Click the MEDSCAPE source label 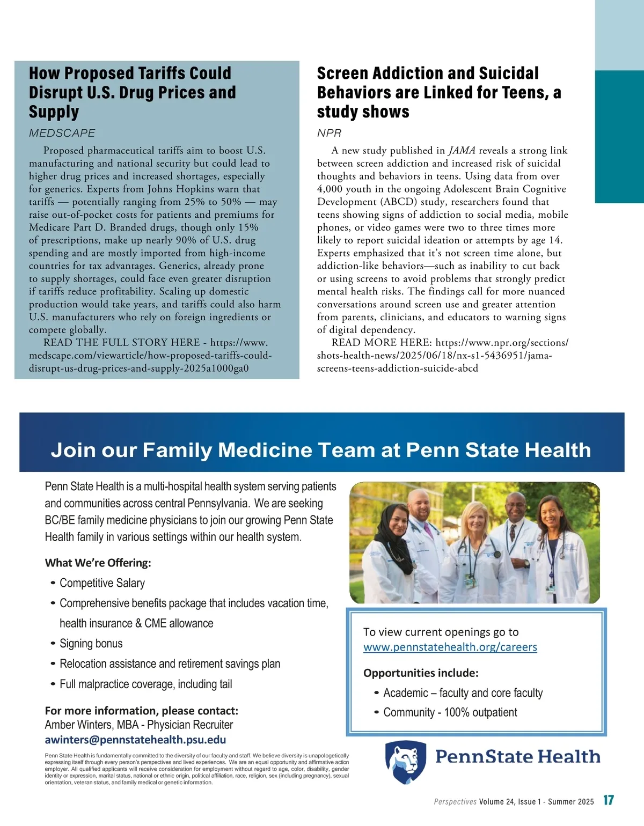[x=62, y=133]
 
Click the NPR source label [x=329, y=133]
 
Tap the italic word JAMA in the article [x=462, y=151]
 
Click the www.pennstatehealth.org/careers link [x=450, y=647]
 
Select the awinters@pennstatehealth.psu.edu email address [x=135, y=740]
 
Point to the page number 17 [x=609, y=800]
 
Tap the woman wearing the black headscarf [x=392, y=542]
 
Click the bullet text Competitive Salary [x=102, y=583]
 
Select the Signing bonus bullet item [x=91, y=644]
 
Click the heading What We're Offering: [x=98, y=563]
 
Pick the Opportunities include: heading [x=420, y=673]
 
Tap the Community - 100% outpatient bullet [x=450, y=712]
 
